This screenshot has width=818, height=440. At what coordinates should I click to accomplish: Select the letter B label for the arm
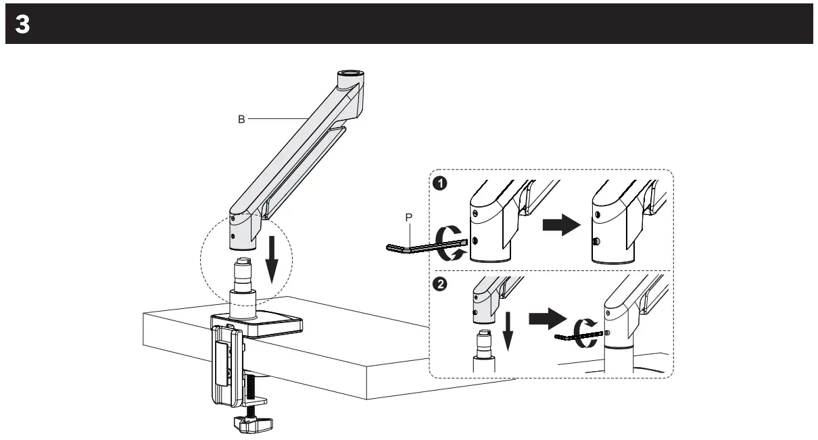pyautogui.click(x=241, y=118)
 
